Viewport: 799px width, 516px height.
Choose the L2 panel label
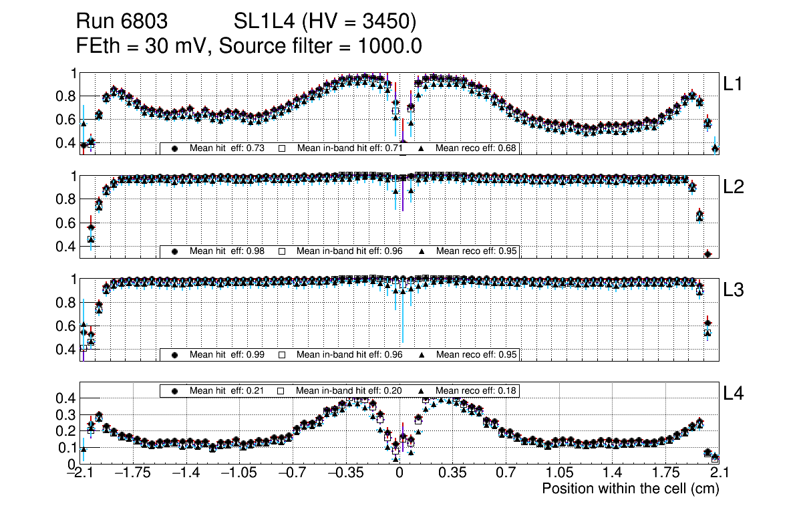point(734,187)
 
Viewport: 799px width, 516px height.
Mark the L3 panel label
point(734,290)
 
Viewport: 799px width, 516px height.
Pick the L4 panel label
point(734,393)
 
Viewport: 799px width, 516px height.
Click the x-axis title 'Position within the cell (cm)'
point(630,489)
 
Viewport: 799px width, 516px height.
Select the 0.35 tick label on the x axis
point(452,473)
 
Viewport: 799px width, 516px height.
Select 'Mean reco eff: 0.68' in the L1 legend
point(476,148)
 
